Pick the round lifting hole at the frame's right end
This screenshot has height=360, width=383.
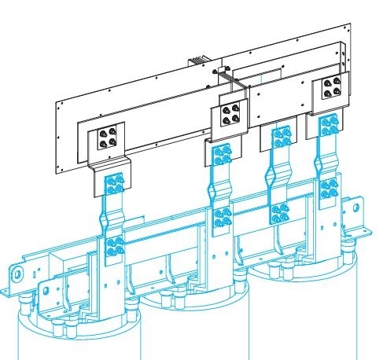click(x=356, y=209)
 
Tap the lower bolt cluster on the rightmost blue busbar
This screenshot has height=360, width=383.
click(x=329, y=189)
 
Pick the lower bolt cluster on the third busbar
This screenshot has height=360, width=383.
click(x=278, y=214)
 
